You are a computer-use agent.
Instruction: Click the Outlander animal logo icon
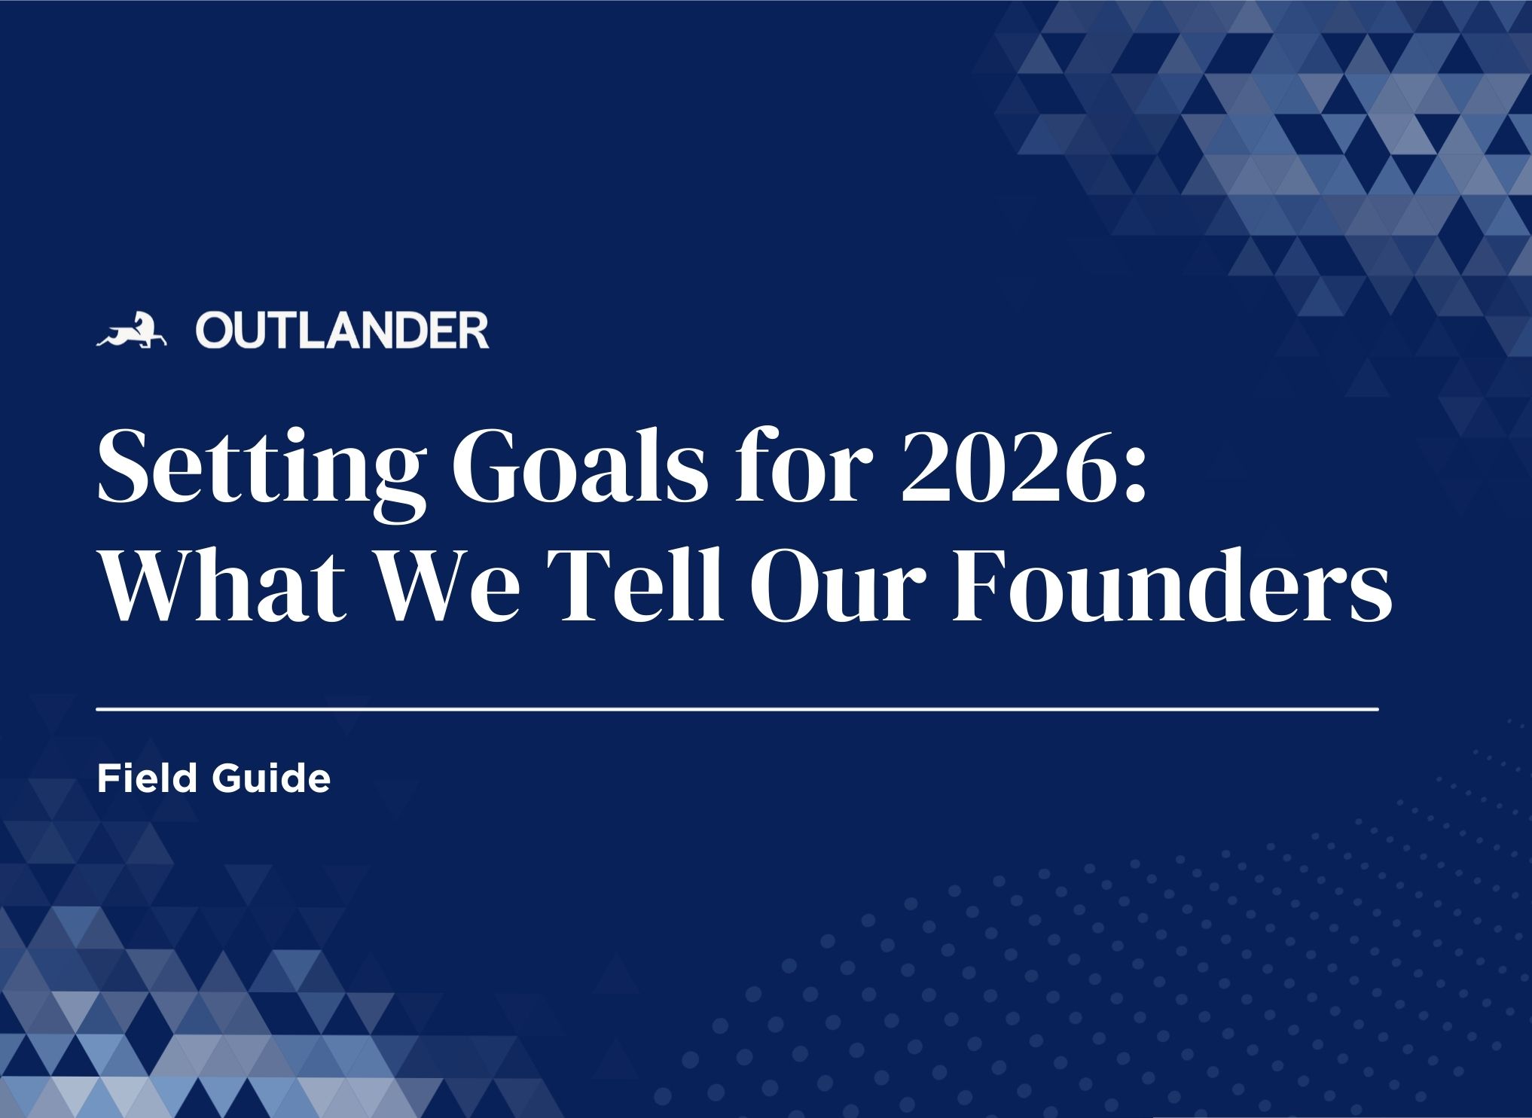tap(131, 331)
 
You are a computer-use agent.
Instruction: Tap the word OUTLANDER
tap(343, 332)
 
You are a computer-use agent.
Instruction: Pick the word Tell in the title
tap(637, 583)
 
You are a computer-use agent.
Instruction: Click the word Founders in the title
tap(1171, 583)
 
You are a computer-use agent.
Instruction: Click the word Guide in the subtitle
tap(271, 778)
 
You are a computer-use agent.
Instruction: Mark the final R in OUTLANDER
tap(475, 332)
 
